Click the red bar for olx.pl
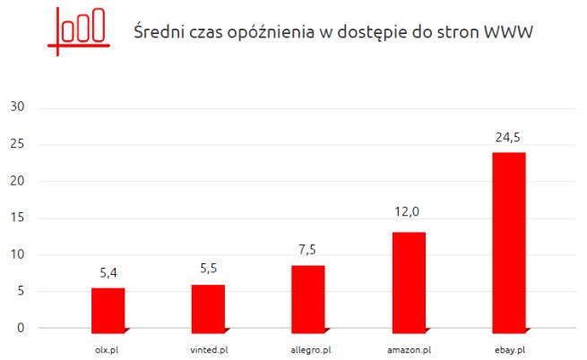tap(108, 307)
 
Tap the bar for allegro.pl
tap(308, 296)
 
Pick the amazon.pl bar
tap(409, 279)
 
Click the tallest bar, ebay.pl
tap(509, 239)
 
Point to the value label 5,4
tap(108, 270)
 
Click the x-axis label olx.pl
tap(108, 348)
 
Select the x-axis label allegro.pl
tap(308, 348)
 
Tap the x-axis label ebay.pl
tap(509, 348)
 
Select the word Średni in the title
tap(156, 32)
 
